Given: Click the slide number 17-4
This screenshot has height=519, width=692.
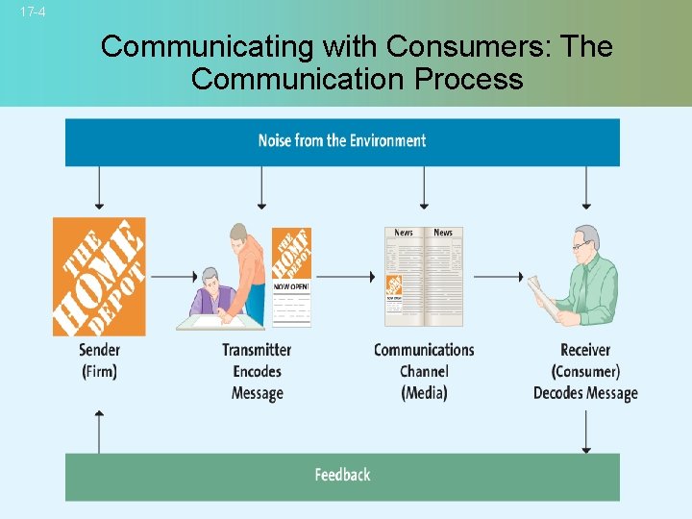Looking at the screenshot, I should point(33,12).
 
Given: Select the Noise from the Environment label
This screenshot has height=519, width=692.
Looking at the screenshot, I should point(342,140).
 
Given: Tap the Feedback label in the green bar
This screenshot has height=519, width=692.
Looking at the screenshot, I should point(342,475).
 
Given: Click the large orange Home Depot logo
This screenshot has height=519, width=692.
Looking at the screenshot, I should point(99,276).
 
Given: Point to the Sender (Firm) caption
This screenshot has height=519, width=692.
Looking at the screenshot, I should point(99,360).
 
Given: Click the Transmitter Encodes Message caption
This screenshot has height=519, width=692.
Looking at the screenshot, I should point(257,371).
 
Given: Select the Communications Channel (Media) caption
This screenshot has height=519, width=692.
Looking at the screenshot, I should point(424,371).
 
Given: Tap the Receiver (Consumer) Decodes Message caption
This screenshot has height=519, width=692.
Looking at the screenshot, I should point(585,371).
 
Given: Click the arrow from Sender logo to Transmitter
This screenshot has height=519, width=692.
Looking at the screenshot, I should point(174,277).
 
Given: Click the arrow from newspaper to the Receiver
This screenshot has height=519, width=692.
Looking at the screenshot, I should point(498,277).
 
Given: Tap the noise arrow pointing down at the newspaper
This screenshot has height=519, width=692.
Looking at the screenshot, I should point(424,187).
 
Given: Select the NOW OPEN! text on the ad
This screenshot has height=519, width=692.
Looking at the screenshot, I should point(291,286).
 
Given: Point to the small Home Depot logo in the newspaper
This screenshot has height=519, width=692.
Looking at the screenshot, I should point(393,285).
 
